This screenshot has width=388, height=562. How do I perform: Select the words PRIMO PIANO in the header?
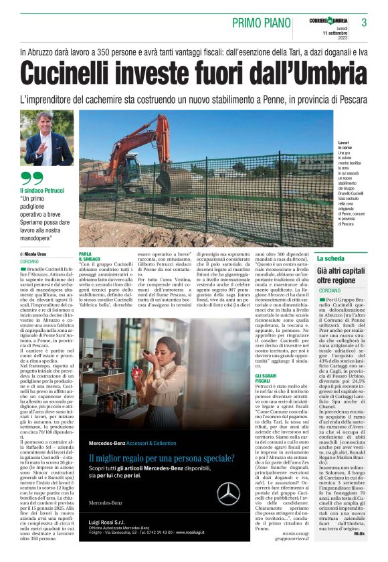tap(262, 23)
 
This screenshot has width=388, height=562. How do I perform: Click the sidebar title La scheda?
tap(330, 258)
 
